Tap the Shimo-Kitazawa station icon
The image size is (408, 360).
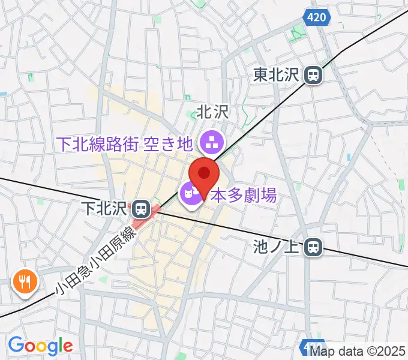[141, 209]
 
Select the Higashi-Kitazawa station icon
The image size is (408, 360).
[313, 75]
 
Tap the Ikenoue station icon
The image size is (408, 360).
[313, 246]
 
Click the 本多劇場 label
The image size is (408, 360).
[244, 195]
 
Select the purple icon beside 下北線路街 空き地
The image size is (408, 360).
[211, 143]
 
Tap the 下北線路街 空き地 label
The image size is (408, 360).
[124, 144]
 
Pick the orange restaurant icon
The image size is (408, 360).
[25, 280]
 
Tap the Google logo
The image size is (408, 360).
[40, 346]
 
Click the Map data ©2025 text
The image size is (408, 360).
[358, 351]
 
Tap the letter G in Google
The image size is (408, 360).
[16, 345]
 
